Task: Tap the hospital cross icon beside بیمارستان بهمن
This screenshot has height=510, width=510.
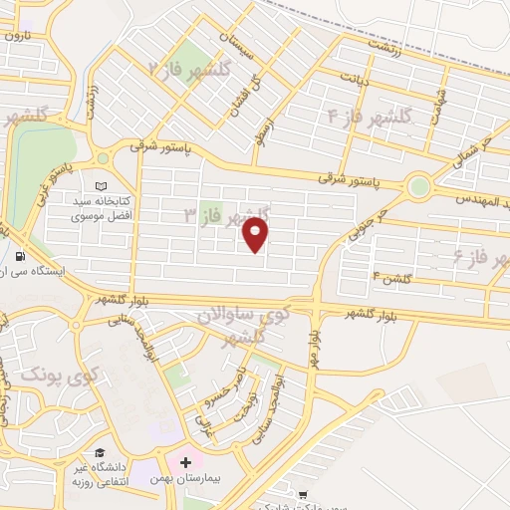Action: (x=185, y=462)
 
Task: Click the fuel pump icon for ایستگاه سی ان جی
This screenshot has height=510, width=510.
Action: (x=22, y=253)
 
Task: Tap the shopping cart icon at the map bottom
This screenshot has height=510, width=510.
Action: (x=302, y=493)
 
